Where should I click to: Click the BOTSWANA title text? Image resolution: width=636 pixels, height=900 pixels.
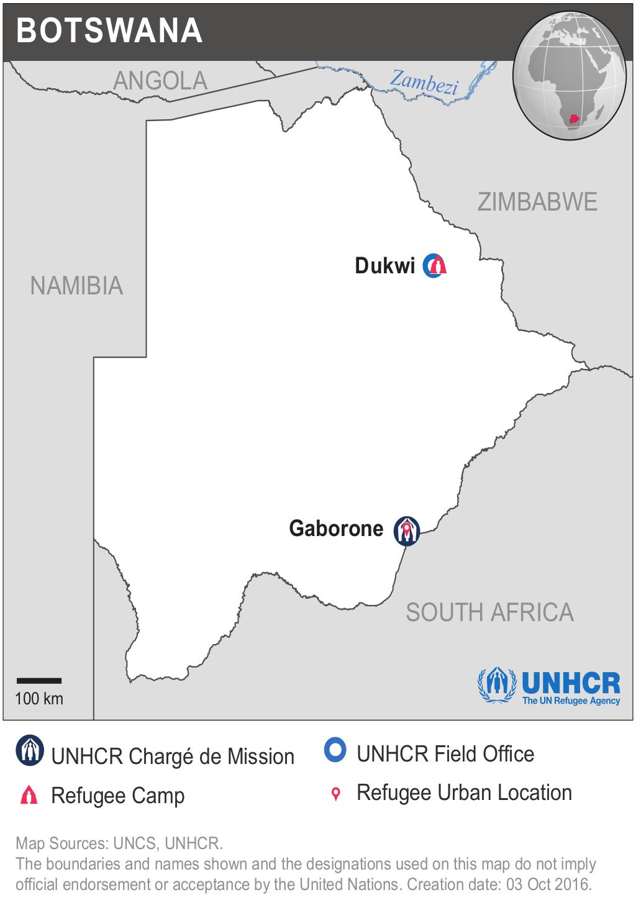point(109,30)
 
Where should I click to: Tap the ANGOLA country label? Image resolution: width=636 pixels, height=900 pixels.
point(160,81)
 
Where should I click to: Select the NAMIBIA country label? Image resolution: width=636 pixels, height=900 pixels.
point(77,286)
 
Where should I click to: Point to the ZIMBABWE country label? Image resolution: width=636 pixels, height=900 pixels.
point(537,202)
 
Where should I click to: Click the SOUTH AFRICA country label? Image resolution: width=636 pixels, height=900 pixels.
point(489,612)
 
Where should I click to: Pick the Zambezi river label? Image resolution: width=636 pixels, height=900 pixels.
point(424,83)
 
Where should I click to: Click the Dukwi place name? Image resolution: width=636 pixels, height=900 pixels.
point(384,266)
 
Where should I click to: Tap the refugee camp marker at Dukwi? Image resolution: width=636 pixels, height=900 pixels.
point(435,266)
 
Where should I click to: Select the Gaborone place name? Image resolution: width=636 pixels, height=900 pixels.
point(336,529)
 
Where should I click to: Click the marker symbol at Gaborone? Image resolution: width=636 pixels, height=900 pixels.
point(407,531)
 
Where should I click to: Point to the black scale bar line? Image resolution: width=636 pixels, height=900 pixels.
point(39,681)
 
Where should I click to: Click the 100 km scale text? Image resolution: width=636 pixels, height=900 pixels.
point(39,699)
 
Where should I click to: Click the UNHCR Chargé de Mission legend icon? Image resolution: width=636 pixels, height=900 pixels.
point(29,751)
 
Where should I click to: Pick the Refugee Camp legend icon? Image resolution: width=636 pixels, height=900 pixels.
point(29,796)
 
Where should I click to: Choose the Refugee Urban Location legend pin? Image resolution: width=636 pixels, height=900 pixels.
point(336,794)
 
